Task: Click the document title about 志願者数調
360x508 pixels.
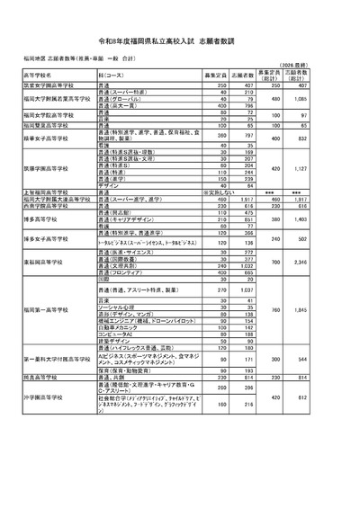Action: [x=180, y=31]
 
